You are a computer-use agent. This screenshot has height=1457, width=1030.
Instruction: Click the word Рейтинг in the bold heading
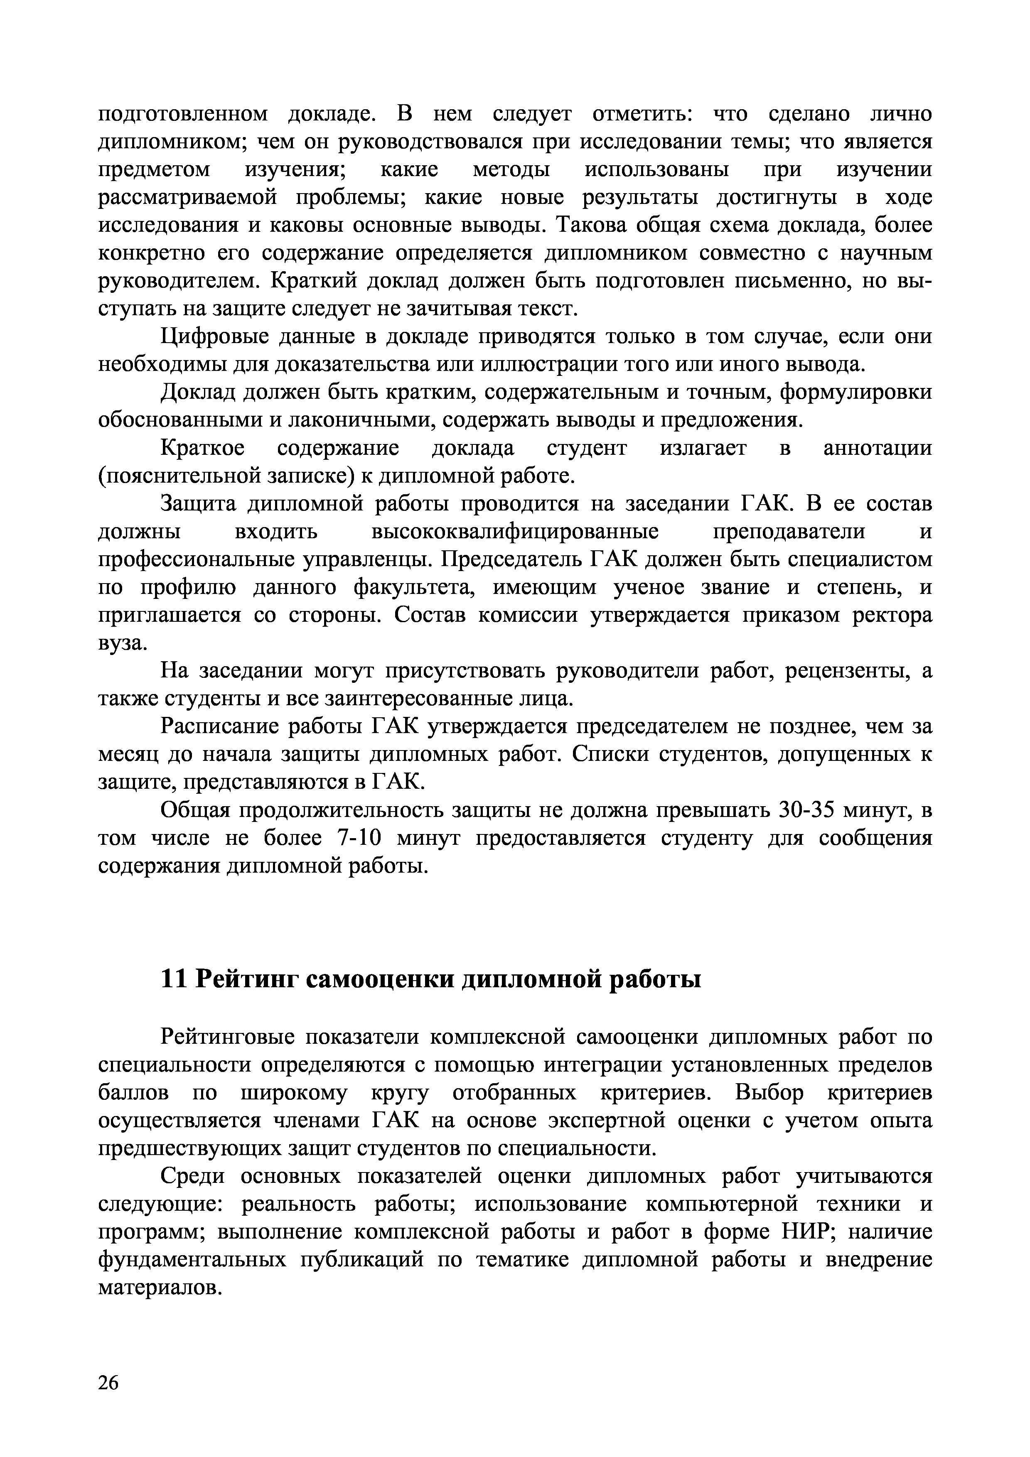[246, 979]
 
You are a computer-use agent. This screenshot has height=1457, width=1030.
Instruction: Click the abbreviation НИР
[806, 1232]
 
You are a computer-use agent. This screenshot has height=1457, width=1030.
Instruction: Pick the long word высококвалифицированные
[514, 531]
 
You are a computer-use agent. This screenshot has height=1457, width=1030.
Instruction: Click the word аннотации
[877, 448]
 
